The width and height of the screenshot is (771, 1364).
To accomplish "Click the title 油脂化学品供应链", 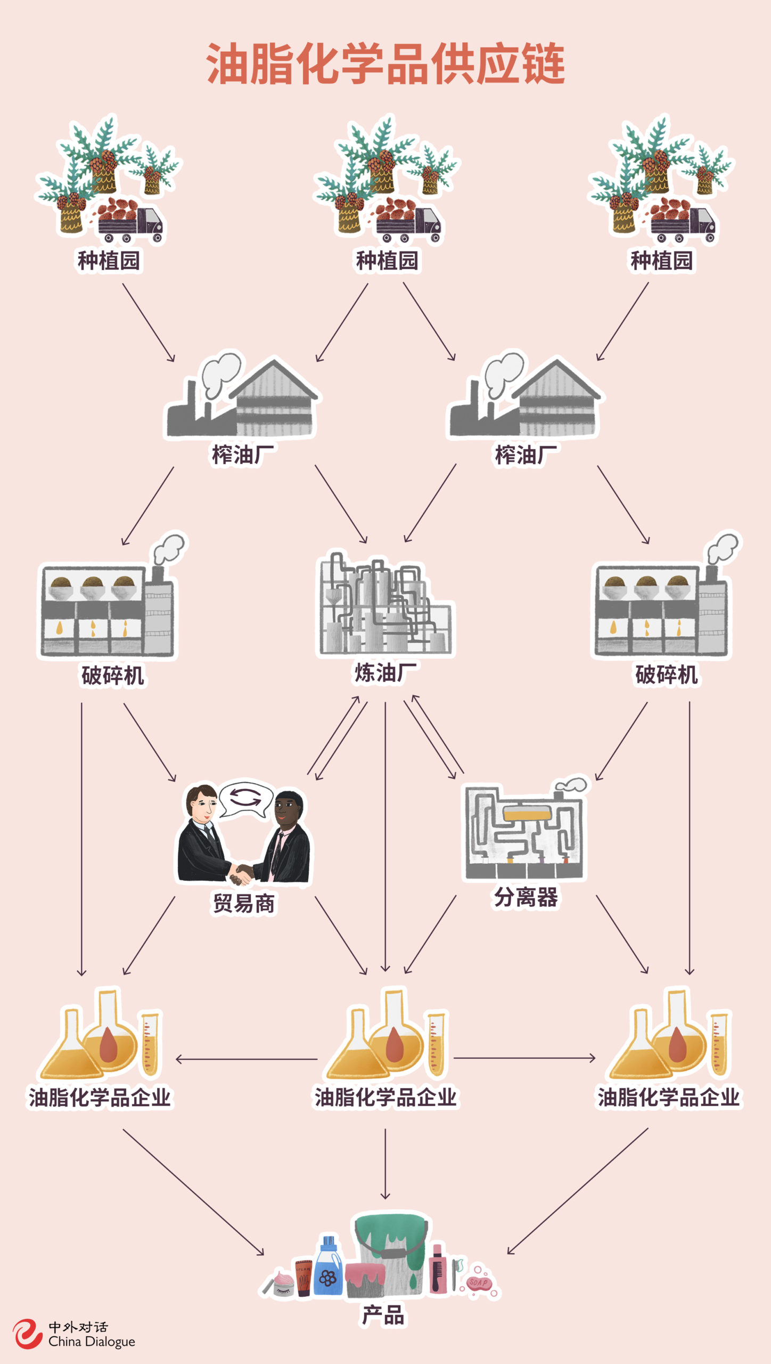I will (385, 64).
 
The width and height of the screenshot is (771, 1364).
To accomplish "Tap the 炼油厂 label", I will (385, 672).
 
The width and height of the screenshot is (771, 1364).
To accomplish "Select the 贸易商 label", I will (244, 904).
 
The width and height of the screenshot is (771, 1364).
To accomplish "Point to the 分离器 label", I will (526, 897).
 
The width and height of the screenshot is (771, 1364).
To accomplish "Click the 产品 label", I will (383, 1316).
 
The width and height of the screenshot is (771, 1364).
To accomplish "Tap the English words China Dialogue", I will (92, 1342).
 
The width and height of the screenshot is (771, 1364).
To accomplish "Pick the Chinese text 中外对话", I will (78, 1327).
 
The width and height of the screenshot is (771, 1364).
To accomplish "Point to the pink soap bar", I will (479, 1283).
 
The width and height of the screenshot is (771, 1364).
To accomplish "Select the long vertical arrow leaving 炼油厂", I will (385, 837).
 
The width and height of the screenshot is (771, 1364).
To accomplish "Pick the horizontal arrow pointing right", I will (524, 1058).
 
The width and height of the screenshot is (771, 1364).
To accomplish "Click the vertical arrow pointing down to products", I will (385, 1164).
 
